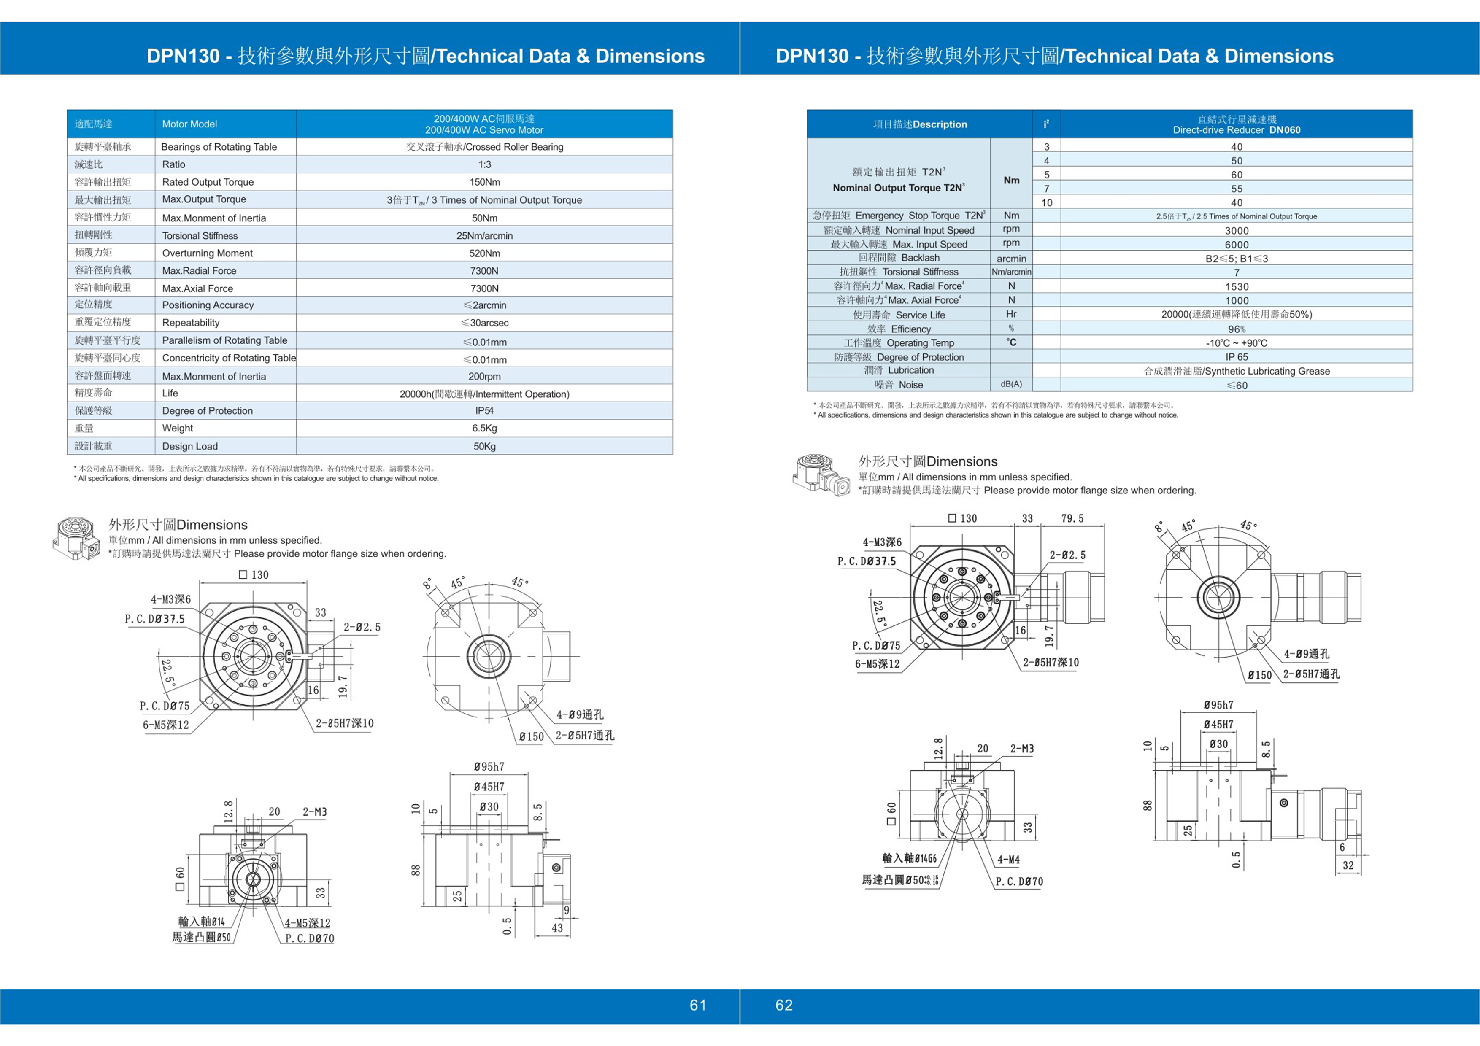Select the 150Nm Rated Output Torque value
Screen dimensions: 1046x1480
(484, 182)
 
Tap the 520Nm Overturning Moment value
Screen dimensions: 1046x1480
(484, 253)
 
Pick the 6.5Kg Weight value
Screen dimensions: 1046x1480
(484, 428)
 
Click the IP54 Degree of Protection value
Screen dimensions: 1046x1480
(484, 410)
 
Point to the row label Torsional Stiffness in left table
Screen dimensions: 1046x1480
(200, 236)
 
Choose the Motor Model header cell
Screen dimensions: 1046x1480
(189, 124)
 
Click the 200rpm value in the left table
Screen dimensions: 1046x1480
(484, 376)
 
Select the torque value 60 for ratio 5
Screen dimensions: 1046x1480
(1236, 175)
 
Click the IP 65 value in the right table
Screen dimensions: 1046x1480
(1236, 357)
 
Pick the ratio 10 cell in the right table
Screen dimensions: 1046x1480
(1047, 203)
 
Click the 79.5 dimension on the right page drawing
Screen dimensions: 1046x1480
(1072, 519)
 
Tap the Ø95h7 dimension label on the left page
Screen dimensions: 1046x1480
(489, 767)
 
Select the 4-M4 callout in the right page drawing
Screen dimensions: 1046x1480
(1009, 860)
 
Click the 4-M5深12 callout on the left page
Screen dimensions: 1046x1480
(308, 923)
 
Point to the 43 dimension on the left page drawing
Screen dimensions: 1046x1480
(557, 928)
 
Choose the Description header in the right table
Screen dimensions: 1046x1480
(920, 124)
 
